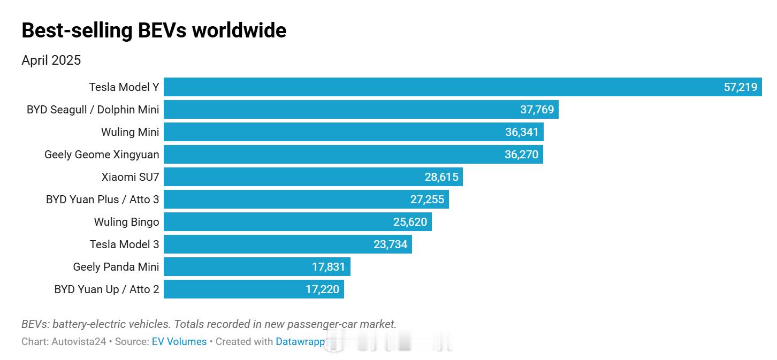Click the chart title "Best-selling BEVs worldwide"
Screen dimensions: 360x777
point(154,30)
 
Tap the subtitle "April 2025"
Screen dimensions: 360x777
point(51,60)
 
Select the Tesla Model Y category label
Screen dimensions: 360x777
point(124,87)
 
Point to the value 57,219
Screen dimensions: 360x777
point(741,87)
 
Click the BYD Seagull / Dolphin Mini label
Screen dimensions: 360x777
point(93,110)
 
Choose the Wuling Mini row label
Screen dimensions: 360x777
point(130,132)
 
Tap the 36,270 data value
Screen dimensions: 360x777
point(522,155)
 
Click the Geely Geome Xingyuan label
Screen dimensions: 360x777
point(102,155)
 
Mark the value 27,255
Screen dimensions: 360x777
point(427,200)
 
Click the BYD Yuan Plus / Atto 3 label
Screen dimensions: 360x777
point(102,200)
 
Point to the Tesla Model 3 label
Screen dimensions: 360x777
point(124,244)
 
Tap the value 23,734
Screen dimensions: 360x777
point(390,244)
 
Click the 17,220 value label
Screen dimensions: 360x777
point(322,289)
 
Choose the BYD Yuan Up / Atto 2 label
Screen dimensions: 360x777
point(106,289)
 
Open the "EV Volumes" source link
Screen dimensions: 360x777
point(179,341)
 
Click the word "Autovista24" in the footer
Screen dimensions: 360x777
point(79,341)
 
